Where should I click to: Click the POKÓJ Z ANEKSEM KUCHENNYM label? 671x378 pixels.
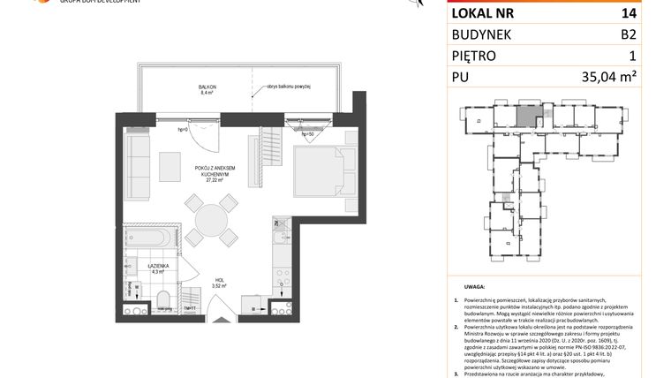point(213,170)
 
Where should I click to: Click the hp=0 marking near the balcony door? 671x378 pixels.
point(184,130)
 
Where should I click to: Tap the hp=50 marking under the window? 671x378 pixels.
point(307,135)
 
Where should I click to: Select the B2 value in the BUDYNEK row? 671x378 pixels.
point(628,34)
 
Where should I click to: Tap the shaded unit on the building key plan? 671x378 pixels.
point(524,114)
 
